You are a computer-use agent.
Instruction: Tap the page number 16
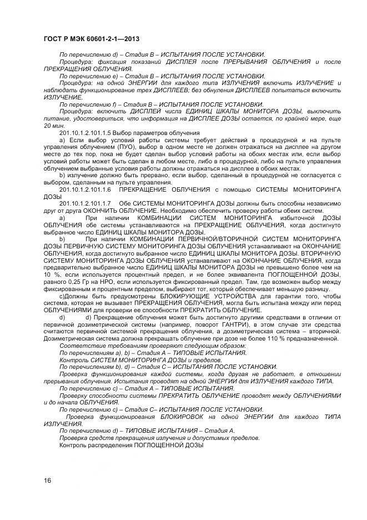coord(47,480)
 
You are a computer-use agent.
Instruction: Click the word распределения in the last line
coord(105,446)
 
